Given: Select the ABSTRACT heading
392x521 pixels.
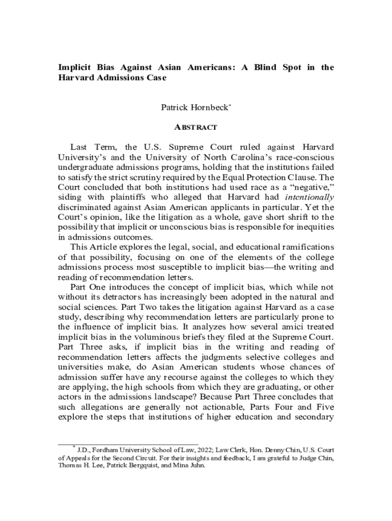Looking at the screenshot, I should [x=196, y=127].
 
